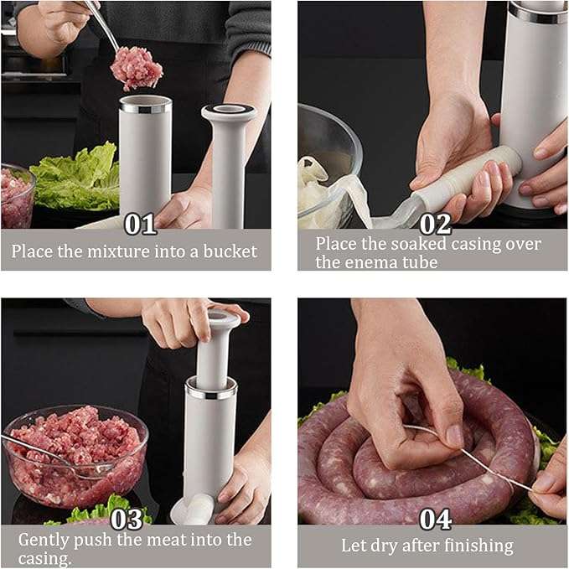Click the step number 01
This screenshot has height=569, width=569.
click(x=141, y=225)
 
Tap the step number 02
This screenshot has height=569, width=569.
click(x=435, y=224)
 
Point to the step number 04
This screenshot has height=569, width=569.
click(x=436, y=520)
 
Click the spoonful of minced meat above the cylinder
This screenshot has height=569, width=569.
click(x=137, y=67)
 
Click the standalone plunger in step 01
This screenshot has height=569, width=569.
click(x=228, y=159)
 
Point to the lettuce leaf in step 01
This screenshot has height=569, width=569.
click(x=75, y=176)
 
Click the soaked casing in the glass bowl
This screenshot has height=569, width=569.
click(x=323, y=189)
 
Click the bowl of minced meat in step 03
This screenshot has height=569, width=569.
click(x=75, y=453)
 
